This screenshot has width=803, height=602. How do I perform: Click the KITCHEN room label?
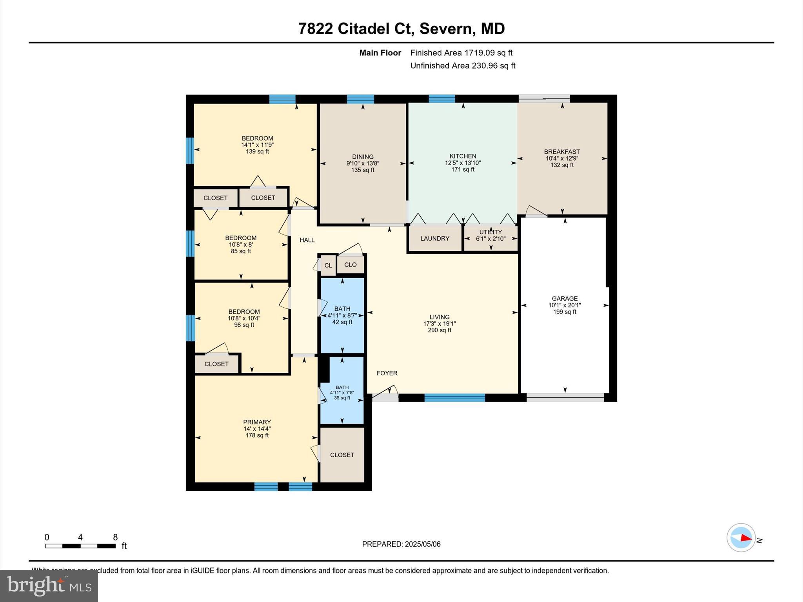point(463,156)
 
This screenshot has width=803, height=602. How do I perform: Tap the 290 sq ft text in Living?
point(439,330)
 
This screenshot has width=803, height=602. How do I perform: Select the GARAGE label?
point(565,299)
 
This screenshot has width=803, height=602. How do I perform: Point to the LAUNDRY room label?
point(435,238)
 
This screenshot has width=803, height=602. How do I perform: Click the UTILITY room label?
point(491,232)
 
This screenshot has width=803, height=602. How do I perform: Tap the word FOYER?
point(387,373)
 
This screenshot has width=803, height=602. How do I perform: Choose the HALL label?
point(307,240)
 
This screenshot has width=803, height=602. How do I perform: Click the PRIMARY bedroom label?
point(257,422)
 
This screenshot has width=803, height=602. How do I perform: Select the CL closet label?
point(328,265)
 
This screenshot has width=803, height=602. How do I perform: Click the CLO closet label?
point(350,265)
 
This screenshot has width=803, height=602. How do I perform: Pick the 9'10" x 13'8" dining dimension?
point(363,163)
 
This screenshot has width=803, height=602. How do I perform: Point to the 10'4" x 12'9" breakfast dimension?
point(562,158)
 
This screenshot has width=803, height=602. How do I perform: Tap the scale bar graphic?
point(80,546)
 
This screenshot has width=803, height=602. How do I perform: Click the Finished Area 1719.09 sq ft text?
point(461,53)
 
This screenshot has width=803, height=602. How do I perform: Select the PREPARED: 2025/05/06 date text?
point(401,544)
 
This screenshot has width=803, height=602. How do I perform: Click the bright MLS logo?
point(49,586)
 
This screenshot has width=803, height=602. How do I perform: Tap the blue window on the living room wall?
point(454,398)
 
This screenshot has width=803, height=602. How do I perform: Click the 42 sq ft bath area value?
point(342,322)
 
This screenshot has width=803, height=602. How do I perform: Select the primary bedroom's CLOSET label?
point(342,455)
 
